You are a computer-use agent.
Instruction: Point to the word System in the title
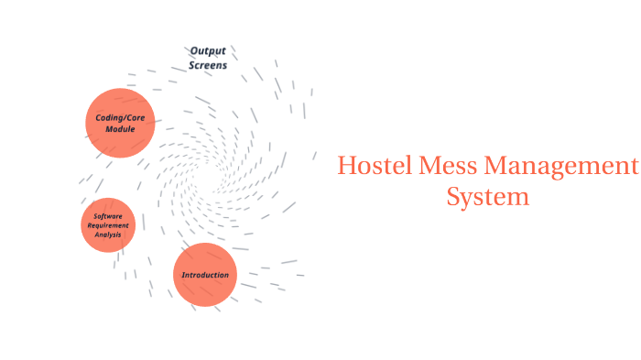click(487, 197)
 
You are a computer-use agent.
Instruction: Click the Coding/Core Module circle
click(120, 123)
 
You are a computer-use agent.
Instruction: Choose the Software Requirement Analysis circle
click(108, 225)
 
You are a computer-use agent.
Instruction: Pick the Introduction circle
click(205, 275)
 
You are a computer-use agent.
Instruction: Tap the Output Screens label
click(208, 58)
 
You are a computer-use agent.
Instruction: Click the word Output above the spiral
click(208, 50)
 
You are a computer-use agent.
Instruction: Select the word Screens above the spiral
click(208, 65)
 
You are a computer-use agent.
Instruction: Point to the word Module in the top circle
click(120, 129)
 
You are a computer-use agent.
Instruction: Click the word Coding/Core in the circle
click(120, 117)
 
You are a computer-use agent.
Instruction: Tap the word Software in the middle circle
click(108, 216)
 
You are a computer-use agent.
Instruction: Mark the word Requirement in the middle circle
click(108, 225)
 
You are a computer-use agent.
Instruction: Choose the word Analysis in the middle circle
click(108, 235)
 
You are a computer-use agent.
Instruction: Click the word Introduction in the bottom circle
click(205, 275)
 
